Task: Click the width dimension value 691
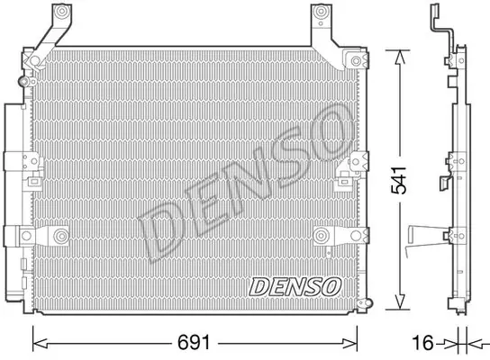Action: (x=194, y=343)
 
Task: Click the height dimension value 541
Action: (x=399, y=180)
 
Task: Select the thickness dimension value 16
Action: (x=422, y=343)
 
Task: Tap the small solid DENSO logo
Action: (x=295, y=286)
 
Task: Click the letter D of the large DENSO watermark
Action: (x=163, y=230)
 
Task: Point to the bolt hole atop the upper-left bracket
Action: (x=62, y=12)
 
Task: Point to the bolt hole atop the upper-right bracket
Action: (x=321, y=13)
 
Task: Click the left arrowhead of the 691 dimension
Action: (x=40, y=344)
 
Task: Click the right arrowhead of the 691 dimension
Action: (x=349, y=344)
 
